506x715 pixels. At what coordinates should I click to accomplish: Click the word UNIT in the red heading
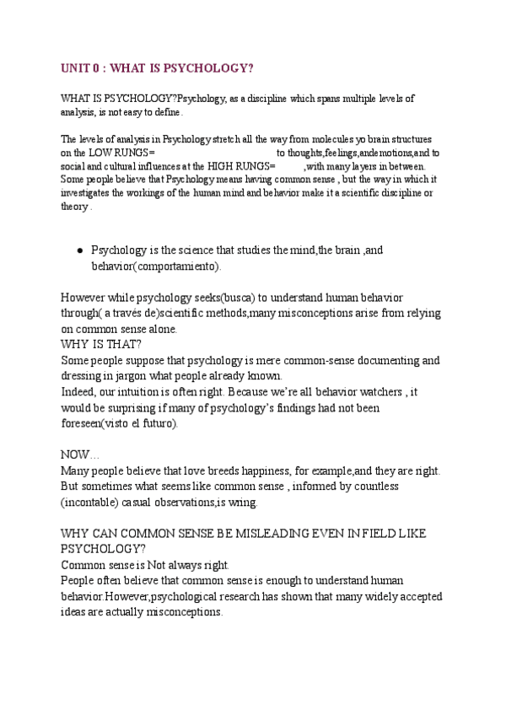pos(78,67)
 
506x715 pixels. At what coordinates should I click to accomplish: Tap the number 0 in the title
pos(105,67)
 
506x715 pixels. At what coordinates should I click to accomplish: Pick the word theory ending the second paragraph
pos(73,206)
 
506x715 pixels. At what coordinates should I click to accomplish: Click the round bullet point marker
pos(79,250)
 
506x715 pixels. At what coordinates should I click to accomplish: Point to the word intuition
pos(144,392)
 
